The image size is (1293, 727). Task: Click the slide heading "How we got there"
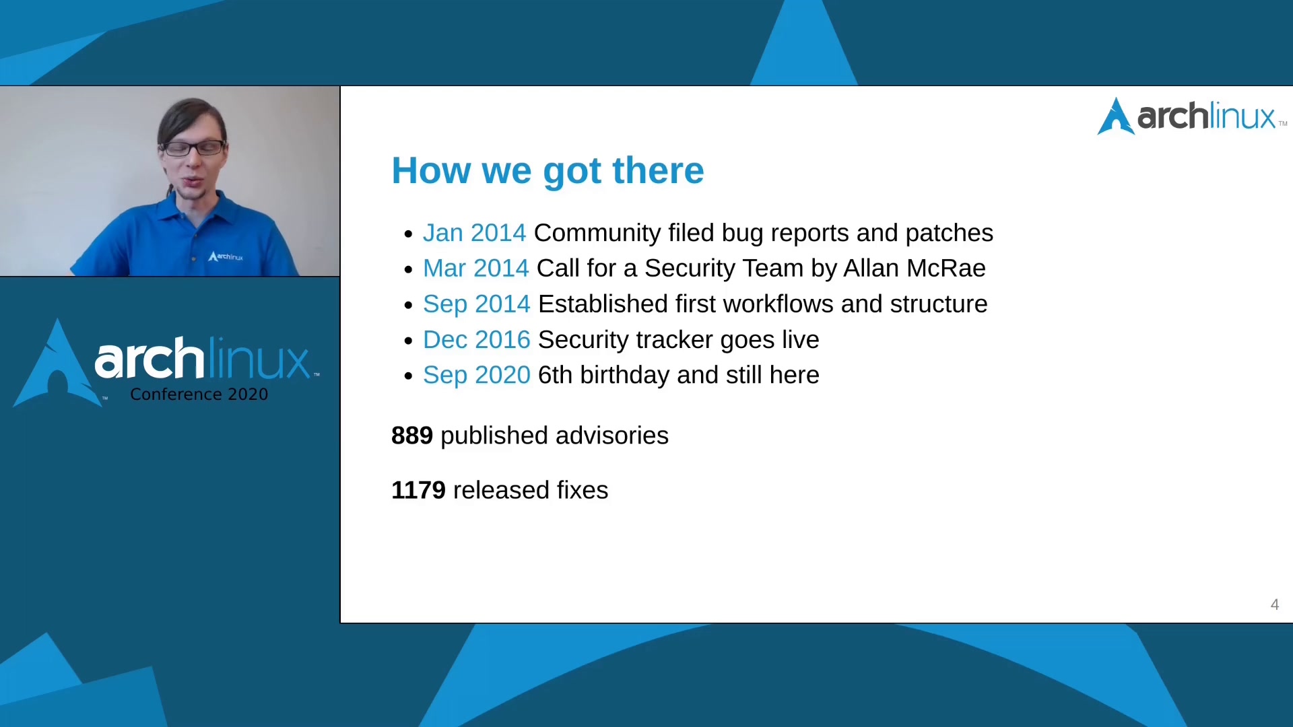(x=548, y=171)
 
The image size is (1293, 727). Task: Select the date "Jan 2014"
(x=474, y=233)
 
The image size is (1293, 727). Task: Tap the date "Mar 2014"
(x=475, y=269)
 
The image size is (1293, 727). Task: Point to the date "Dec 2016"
(x=476, y=340)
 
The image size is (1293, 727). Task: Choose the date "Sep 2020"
(x=476, y=375)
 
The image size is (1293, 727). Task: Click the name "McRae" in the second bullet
(x=946, y=269)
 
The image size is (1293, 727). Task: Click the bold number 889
(x=412, y=436)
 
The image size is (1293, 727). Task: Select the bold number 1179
(x=418, y=490)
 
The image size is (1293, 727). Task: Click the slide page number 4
(x=1274, y=604)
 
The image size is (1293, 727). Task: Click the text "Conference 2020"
(x=199, y=394)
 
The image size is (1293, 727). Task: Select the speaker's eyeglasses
(x=193, y=147)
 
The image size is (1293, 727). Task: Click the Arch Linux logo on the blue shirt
(x=226, y=256)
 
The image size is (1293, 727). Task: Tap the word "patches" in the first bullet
(x=949, y=234)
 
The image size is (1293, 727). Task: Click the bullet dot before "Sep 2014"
(x=408, y=306)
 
